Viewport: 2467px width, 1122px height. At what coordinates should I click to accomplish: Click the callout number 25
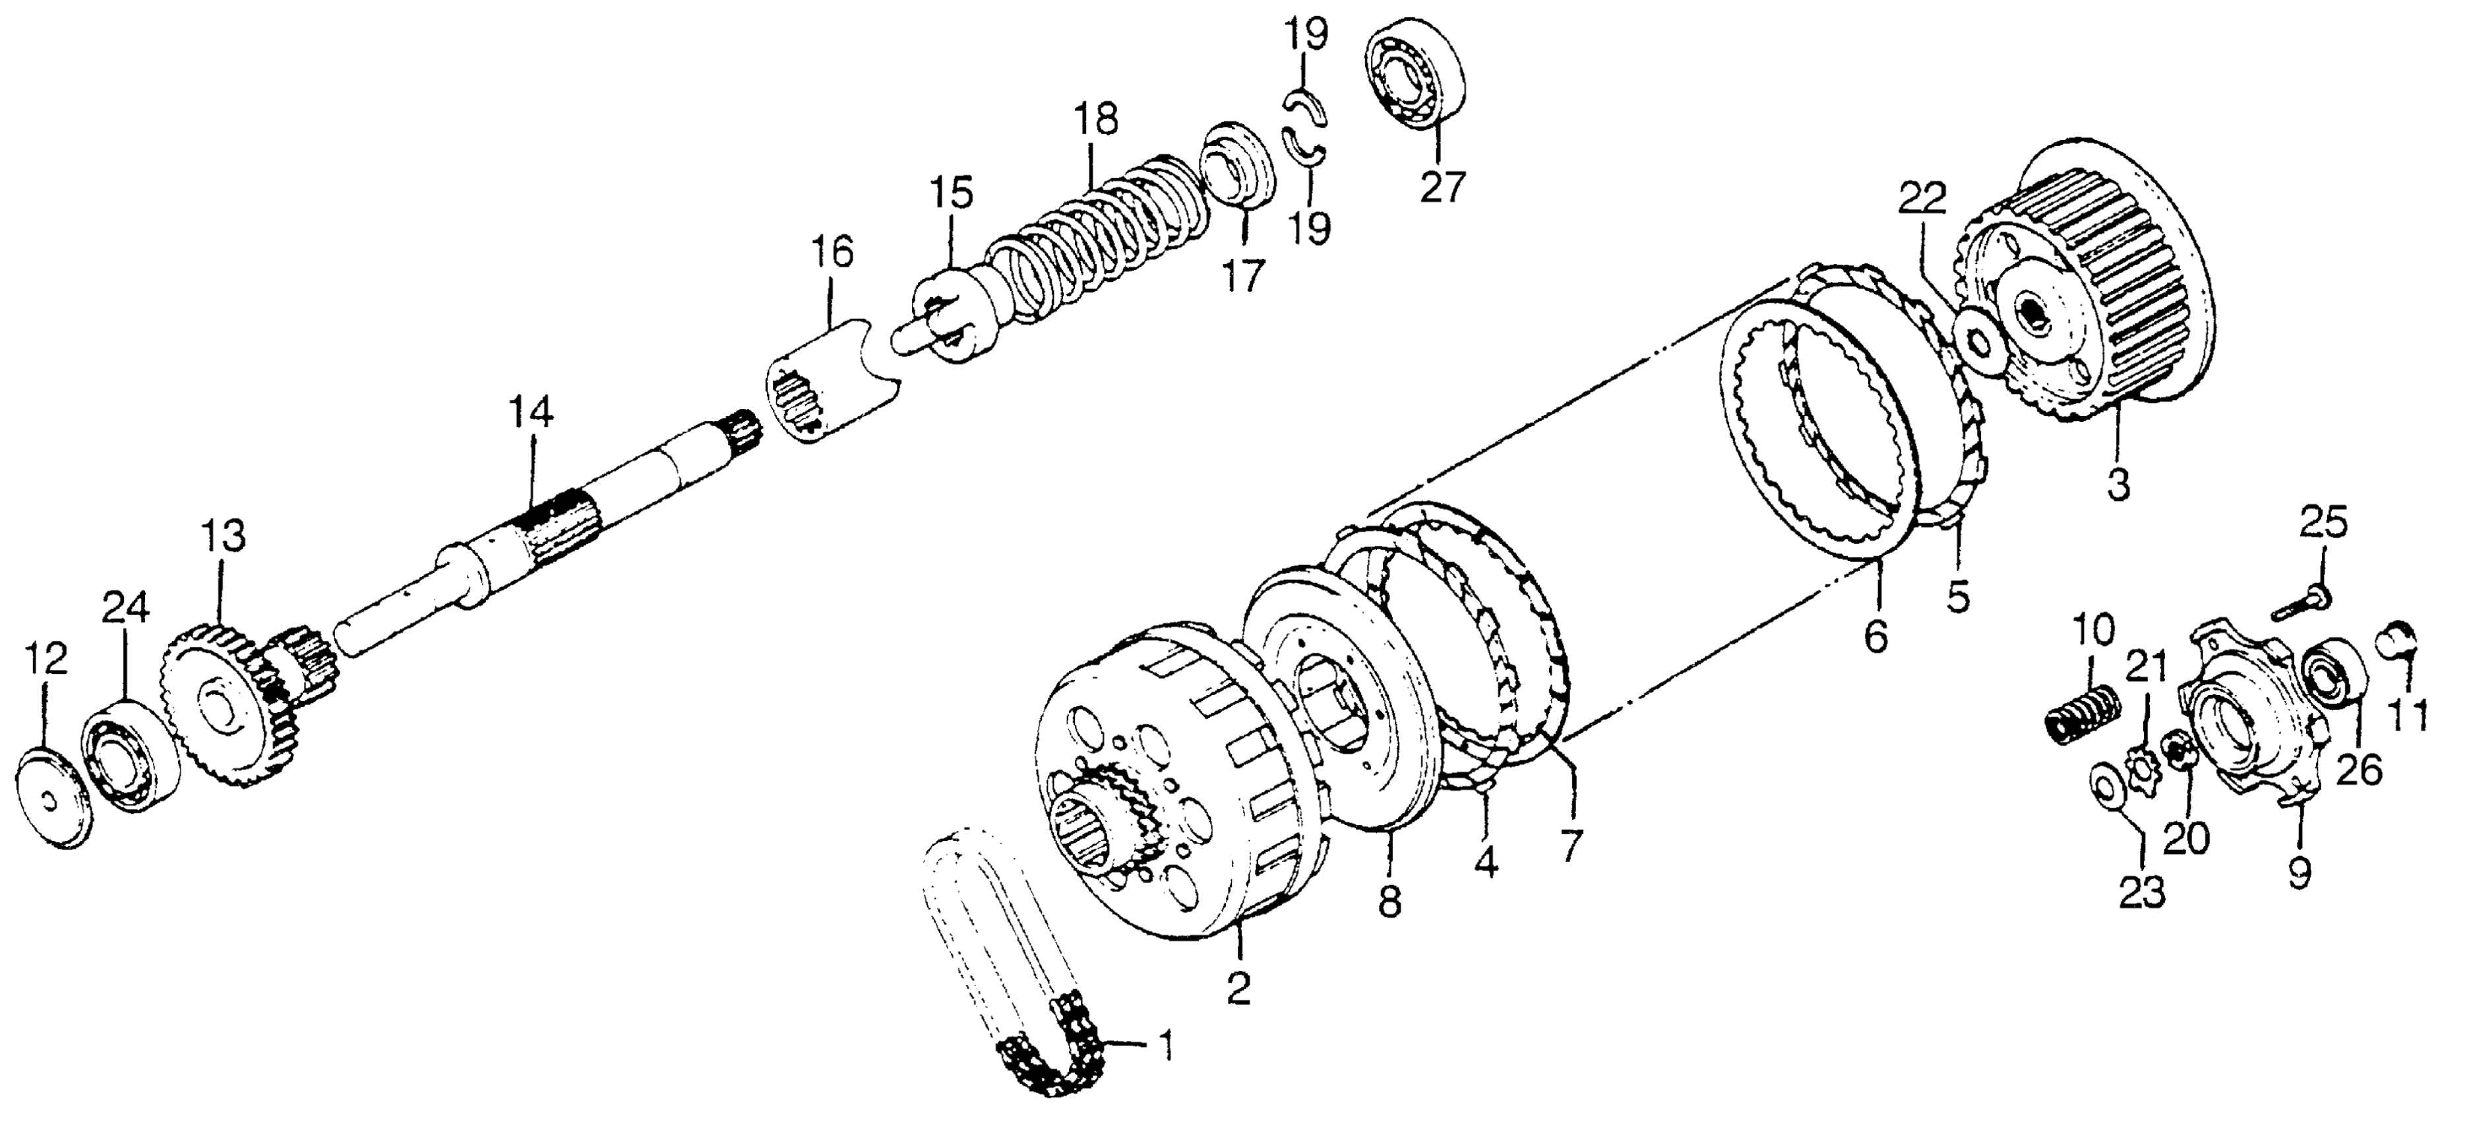coord(2325,523)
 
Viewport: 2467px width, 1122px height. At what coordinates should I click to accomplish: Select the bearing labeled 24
coord(129,757)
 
